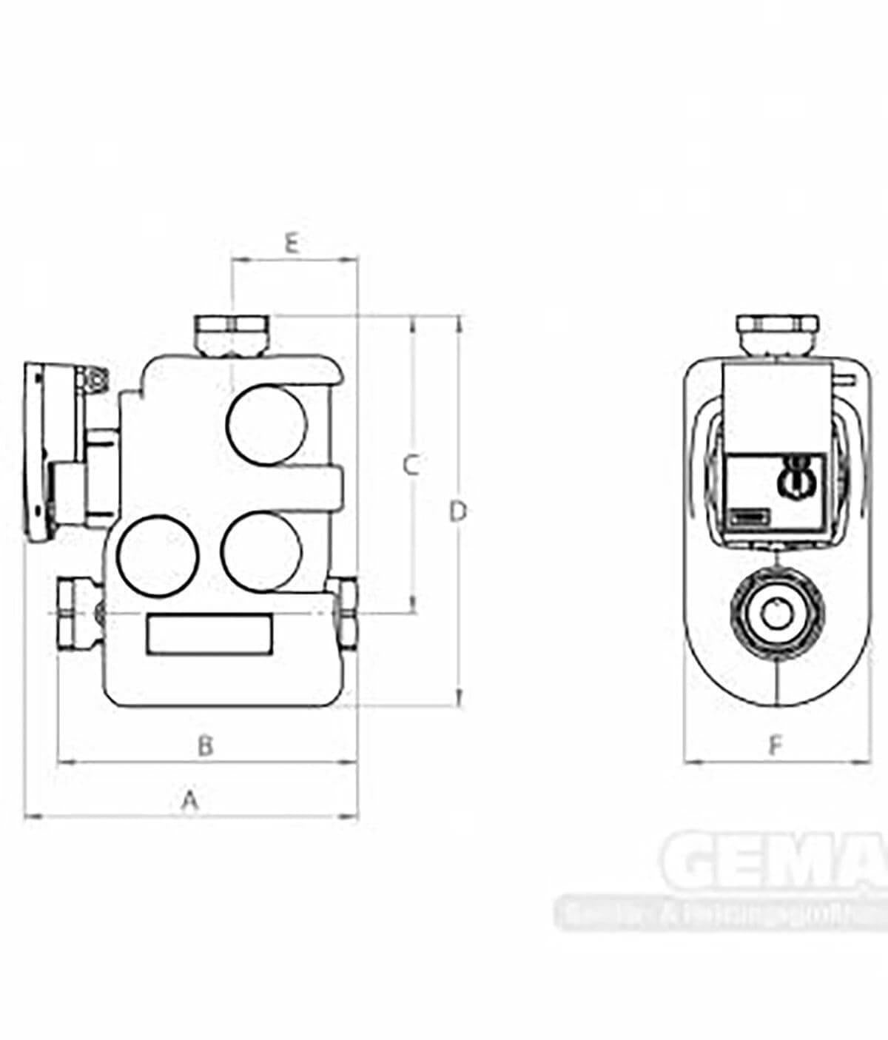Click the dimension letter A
(191, 800)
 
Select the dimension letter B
(206, 745)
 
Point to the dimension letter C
(411, 466)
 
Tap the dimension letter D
(459, 511)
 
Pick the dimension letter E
(292, 243)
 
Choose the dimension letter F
(775, 745)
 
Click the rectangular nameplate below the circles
(209, 634)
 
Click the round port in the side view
(776, 614)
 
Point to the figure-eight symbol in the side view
(795, 474)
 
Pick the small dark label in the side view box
(748, 518)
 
